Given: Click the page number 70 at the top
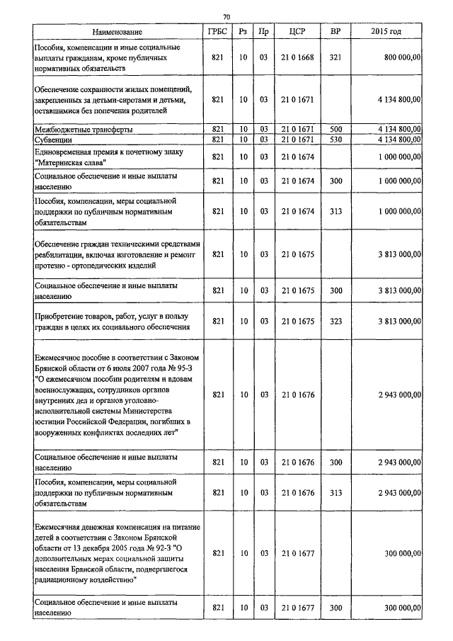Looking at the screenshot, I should pyautogui.click(x=226, y=17).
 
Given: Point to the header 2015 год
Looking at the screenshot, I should pyautogui.click(x=386, y=32).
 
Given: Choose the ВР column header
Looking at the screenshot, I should pyautogui.click(x=336, y=32).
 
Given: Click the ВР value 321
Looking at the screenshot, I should pyautogui.click(x=336, y=57).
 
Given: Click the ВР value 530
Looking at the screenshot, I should pyautogui.click(x=336, y=140).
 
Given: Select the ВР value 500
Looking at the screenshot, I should pyautogui.click(x=336, y=130).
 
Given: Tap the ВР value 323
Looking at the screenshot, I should pyautogui.click(x=336, y=321).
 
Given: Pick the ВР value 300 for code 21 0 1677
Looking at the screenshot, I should pyautogui.click(x=336, y=608).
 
